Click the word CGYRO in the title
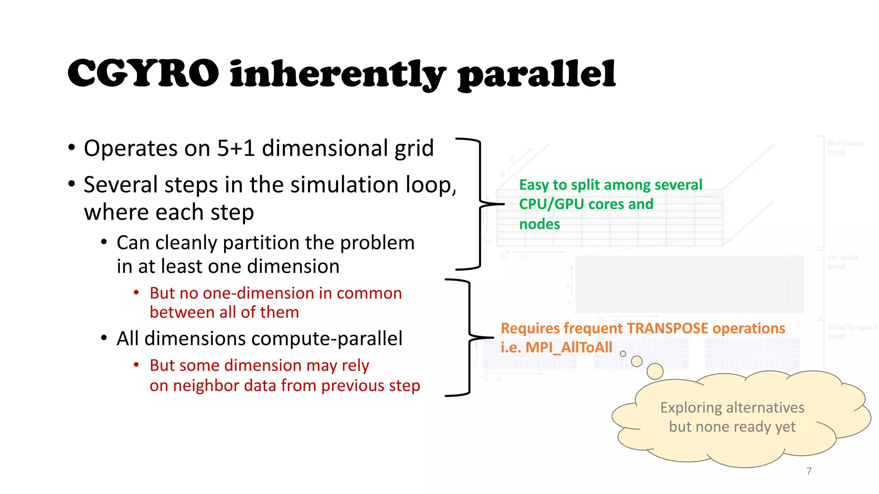point(143,74)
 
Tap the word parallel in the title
point(536,75)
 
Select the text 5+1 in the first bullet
point(236,148)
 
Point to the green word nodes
point(540,224)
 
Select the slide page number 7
point(809,471)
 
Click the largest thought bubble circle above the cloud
point(655,371)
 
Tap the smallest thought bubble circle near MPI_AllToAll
point(623,354)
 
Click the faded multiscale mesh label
point(845,148)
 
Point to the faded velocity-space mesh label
point(852,331)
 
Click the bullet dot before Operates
point(72,148)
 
